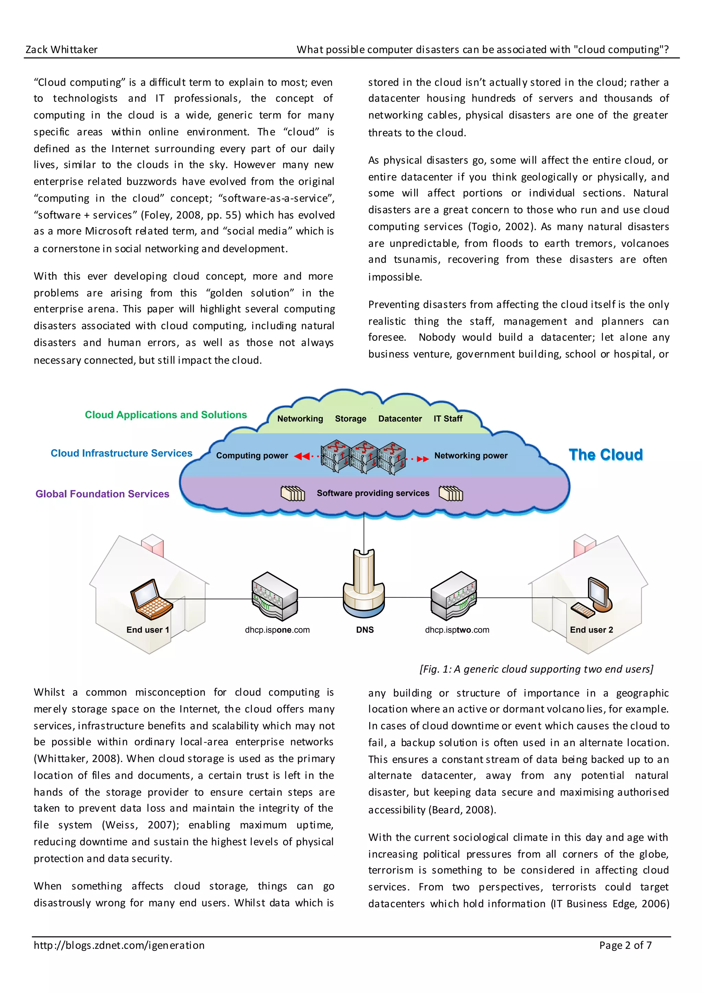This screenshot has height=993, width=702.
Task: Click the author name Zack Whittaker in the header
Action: [x=61, y=50]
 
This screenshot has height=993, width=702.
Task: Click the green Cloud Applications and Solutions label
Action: [x=166, y=415]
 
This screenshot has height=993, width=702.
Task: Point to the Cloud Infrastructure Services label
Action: [x=121, y=453]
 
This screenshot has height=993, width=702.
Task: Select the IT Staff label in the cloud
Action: [x=448, y=419]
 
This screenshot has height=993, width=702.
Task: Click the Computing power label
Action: [x=252, y=455]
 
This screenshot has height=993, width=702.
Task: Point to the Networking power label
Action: [x=471, y=455]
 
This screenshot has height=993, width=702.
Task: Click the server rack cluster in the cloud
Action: [x=364, y=457]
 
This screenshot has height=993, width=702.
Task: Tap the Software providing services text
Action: [x=373, y=493]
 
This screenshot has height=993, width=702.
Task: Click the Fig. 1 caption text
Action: [x=536, y=669]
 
